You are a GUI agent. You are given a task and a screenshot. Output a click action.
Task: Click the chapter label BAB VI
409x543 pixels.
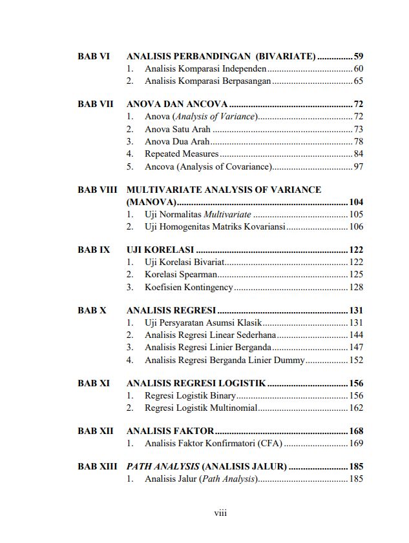(x=94, y=56)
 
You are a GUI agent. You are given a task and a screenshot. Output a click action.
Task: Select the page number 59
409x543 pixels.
(x=358, y=56)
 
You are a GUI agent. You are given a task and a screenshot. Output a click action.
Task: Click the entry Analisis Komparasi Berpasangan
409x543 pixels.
(x=207, y=81)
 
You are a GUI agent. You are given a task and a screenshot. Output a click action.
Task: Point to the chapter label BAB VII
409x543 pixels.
(x=96, y=104)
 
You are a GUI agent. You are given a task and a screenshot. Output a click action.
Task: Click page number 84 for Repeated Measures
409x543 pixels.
(x=358, y=153)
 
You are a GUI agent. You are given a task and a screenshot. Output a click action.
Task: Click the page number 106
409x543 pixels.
(x=356, y=226)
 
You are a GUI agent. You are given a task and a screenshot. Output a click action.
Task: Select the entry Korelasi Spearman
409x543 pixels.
(x=181, y=275)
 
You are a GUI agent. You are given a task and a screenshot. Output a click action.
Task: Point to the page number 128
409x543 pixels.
(x=356, y=287)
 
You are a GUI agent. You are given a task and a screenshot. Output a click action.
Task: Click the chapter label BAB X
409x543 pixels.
(x=92, y=310)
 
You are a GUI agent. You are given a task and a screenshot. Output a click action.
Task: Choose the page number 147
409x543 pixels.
(x=356, y=348)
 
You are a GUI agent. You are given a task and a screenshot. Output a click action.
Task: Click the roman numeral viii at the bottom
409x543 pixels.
(x=220, y=513)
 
